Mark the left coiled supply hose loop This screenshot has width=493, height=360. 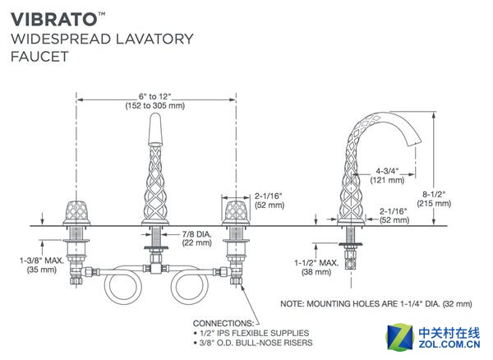click(x=122, y=288)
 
